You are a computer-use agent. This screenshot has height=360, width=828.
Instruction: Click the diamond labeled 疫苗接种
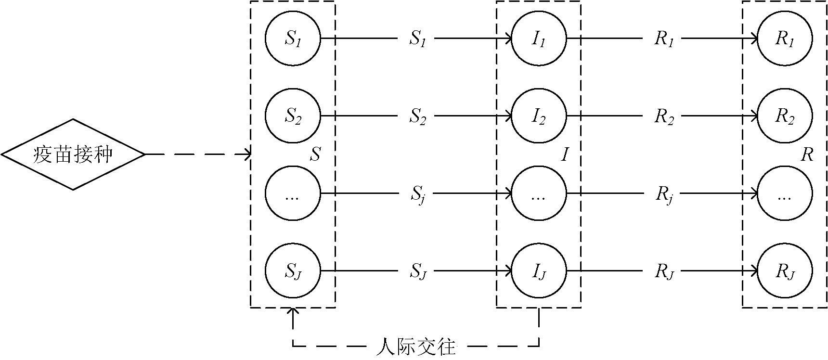click(x=73, y=154)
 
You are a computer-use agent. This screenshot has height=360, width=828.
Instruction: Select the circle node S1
click(x=293, y=39)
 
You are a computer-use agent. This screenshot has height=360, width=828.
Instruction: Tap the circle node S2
click(x=293, y=116)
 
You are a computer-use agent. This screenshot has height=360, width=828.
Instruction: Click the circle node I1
click(x=539, y=39)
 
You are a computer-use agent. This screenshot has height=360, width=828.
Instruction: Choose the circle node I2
click(x=539, y=116)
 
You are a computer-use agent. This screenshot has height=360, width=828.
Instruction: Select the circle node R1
click(x=785, y=39)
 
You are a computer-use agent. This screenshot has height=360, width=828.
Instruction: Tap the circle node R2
click(x=785, y=116)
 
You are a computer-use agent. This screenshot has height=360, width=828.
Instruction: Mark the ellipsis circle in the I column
click(x=539, y=194)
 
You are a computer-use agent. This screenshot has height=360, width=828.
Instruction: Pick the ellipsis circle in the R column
click(x=785, y=194)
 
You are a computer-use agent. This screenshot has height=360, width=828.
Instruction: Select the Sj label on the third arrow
click(x=418, y=195)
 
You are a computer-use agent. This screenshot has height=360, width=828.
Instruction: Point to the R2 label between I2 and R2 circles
click(x=664, y=117)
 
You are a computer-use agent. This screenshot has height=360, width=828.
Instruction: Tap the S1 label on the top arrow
click(x=418, y=39)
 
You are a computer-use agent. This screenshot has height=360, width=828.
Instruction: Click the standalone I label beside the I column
click(x=565, y=154)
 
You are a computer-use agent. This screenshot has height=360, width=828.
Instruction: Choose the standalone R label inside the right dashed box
click(x=807, y=154)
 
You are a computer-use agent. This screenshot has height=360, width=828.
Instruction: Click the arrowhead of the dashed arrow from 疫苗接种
click(x=247, y=154)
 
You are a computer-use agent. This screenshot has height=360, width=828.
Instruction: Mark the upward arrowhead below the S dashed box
click(x=293, y=311)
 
